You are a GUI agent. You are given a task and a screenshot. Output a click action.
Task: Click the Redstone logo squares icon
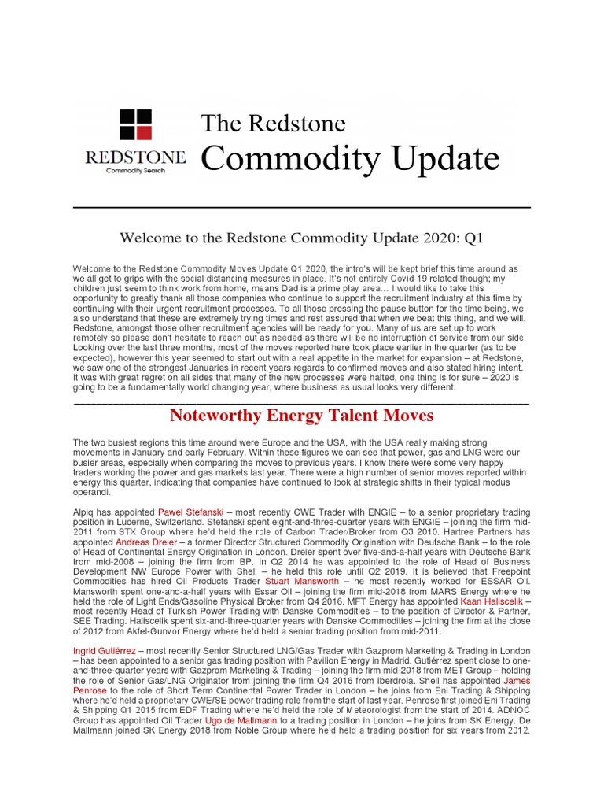[135, 125]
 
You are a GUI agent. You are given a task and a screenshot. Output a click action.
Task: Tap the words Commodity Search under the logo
[135, 171]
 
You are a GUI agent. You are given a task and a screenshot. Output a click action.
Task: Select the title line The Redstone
[274, 123]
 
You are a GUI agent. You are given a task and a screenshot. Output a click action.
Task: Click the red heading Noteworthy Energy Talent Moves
[301, 415]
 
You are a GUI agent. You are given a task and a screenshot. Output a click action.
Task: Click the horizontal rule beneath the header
[301, 207]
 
